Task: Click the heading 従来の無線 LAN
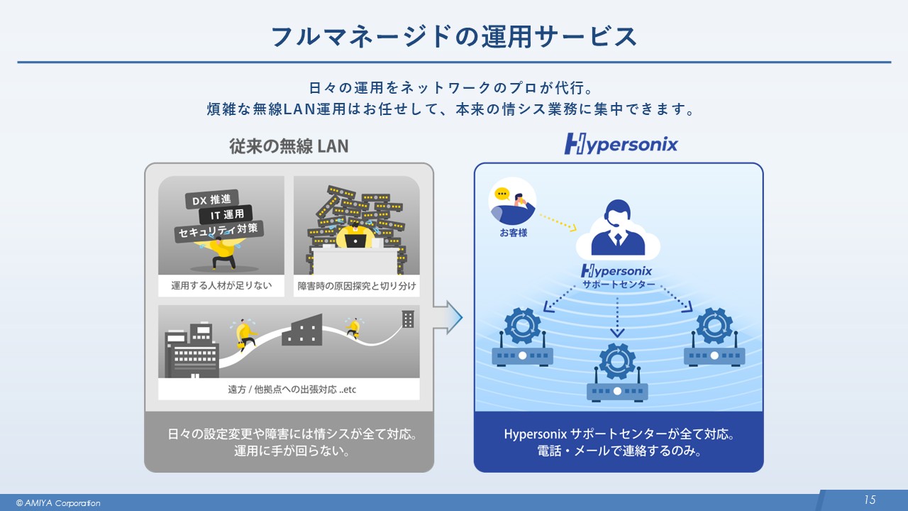point(289,145)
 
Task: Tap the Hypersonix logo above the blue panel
point(621,145)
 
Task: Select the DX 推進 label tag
point(211,199)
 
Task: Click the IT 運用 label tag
point(226,214)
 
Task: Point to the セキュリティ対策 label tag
point(219,231)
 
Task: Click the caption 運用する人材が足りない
point(221,286)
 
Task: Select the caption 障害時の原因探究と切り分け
point(356,286)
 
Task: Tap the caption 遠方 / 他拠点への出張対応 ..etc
point(289,390)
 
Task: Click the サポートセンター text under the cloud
point(618,284)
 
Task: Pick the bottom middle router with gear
point(617,373)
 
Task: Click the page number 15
point(870,500)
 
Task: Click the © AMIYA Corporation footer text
point(58,503)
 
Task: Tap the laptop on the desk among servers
point(355,240)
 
